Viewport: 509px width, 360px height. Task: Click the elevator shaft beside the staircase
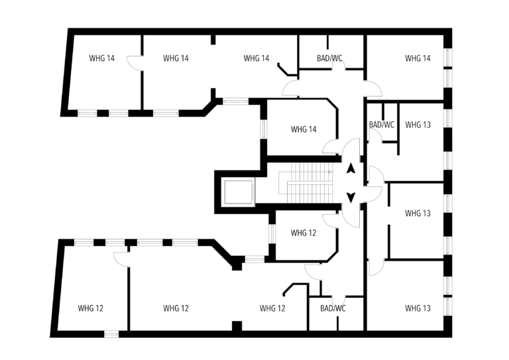tap(239, 192)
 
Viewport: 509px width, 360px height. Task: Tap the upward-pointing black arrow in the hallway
tap(351, 169)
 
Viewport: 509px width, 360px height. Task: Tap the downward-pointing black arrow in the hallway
tap(351, 198)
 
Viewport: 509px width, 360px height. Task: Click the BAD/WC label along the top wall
tap(329, 58)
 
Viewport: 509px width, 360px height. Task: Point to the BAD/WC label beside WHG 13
tap(382, 125)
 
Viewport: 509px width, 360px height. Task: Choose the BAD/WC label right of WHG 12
tap(333, 308)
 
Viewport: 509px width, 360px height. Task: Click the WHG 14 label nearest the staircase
tap(304, 129)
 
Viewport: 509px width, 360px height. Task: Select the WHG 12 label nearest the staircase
tap(303, 233)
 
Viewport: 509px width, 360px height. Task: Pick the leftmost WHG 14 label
tap(101, 58)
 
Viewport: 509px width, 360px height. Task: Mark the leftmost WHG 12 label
tap(90, 308)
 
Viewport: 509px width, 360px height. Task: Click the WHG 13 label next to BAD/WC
tap(418, 125)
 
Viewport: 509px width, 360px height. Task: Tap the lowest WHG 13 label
tap(418, 308)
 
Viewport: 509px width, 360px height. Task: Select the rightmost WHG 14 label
tap(418, 58)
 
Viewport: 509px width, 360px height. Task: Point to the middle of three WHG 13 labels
tap(418, 213)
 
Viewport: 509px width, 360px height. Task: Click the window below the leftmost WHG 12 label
tap(111, 333)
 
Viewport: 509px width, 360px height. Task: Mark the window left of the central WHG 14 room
tap(264, 129)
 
